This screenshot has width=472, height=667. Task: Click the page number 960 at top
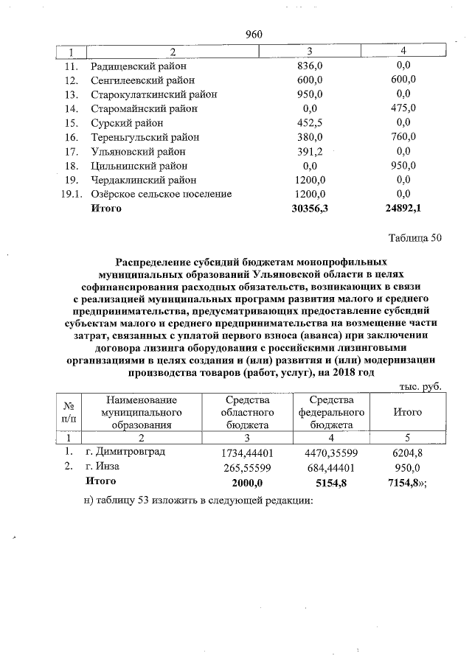(254, 35)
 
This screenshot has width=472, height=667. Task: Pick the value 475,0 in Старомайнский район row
(403, 108)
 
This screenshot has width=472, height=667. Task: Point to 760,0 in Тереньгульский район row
(403, 137)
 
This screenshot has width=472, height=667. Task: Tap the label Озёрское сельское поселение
(161, 194)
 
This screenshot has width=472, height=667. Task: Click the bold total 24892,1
(403, 209)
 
